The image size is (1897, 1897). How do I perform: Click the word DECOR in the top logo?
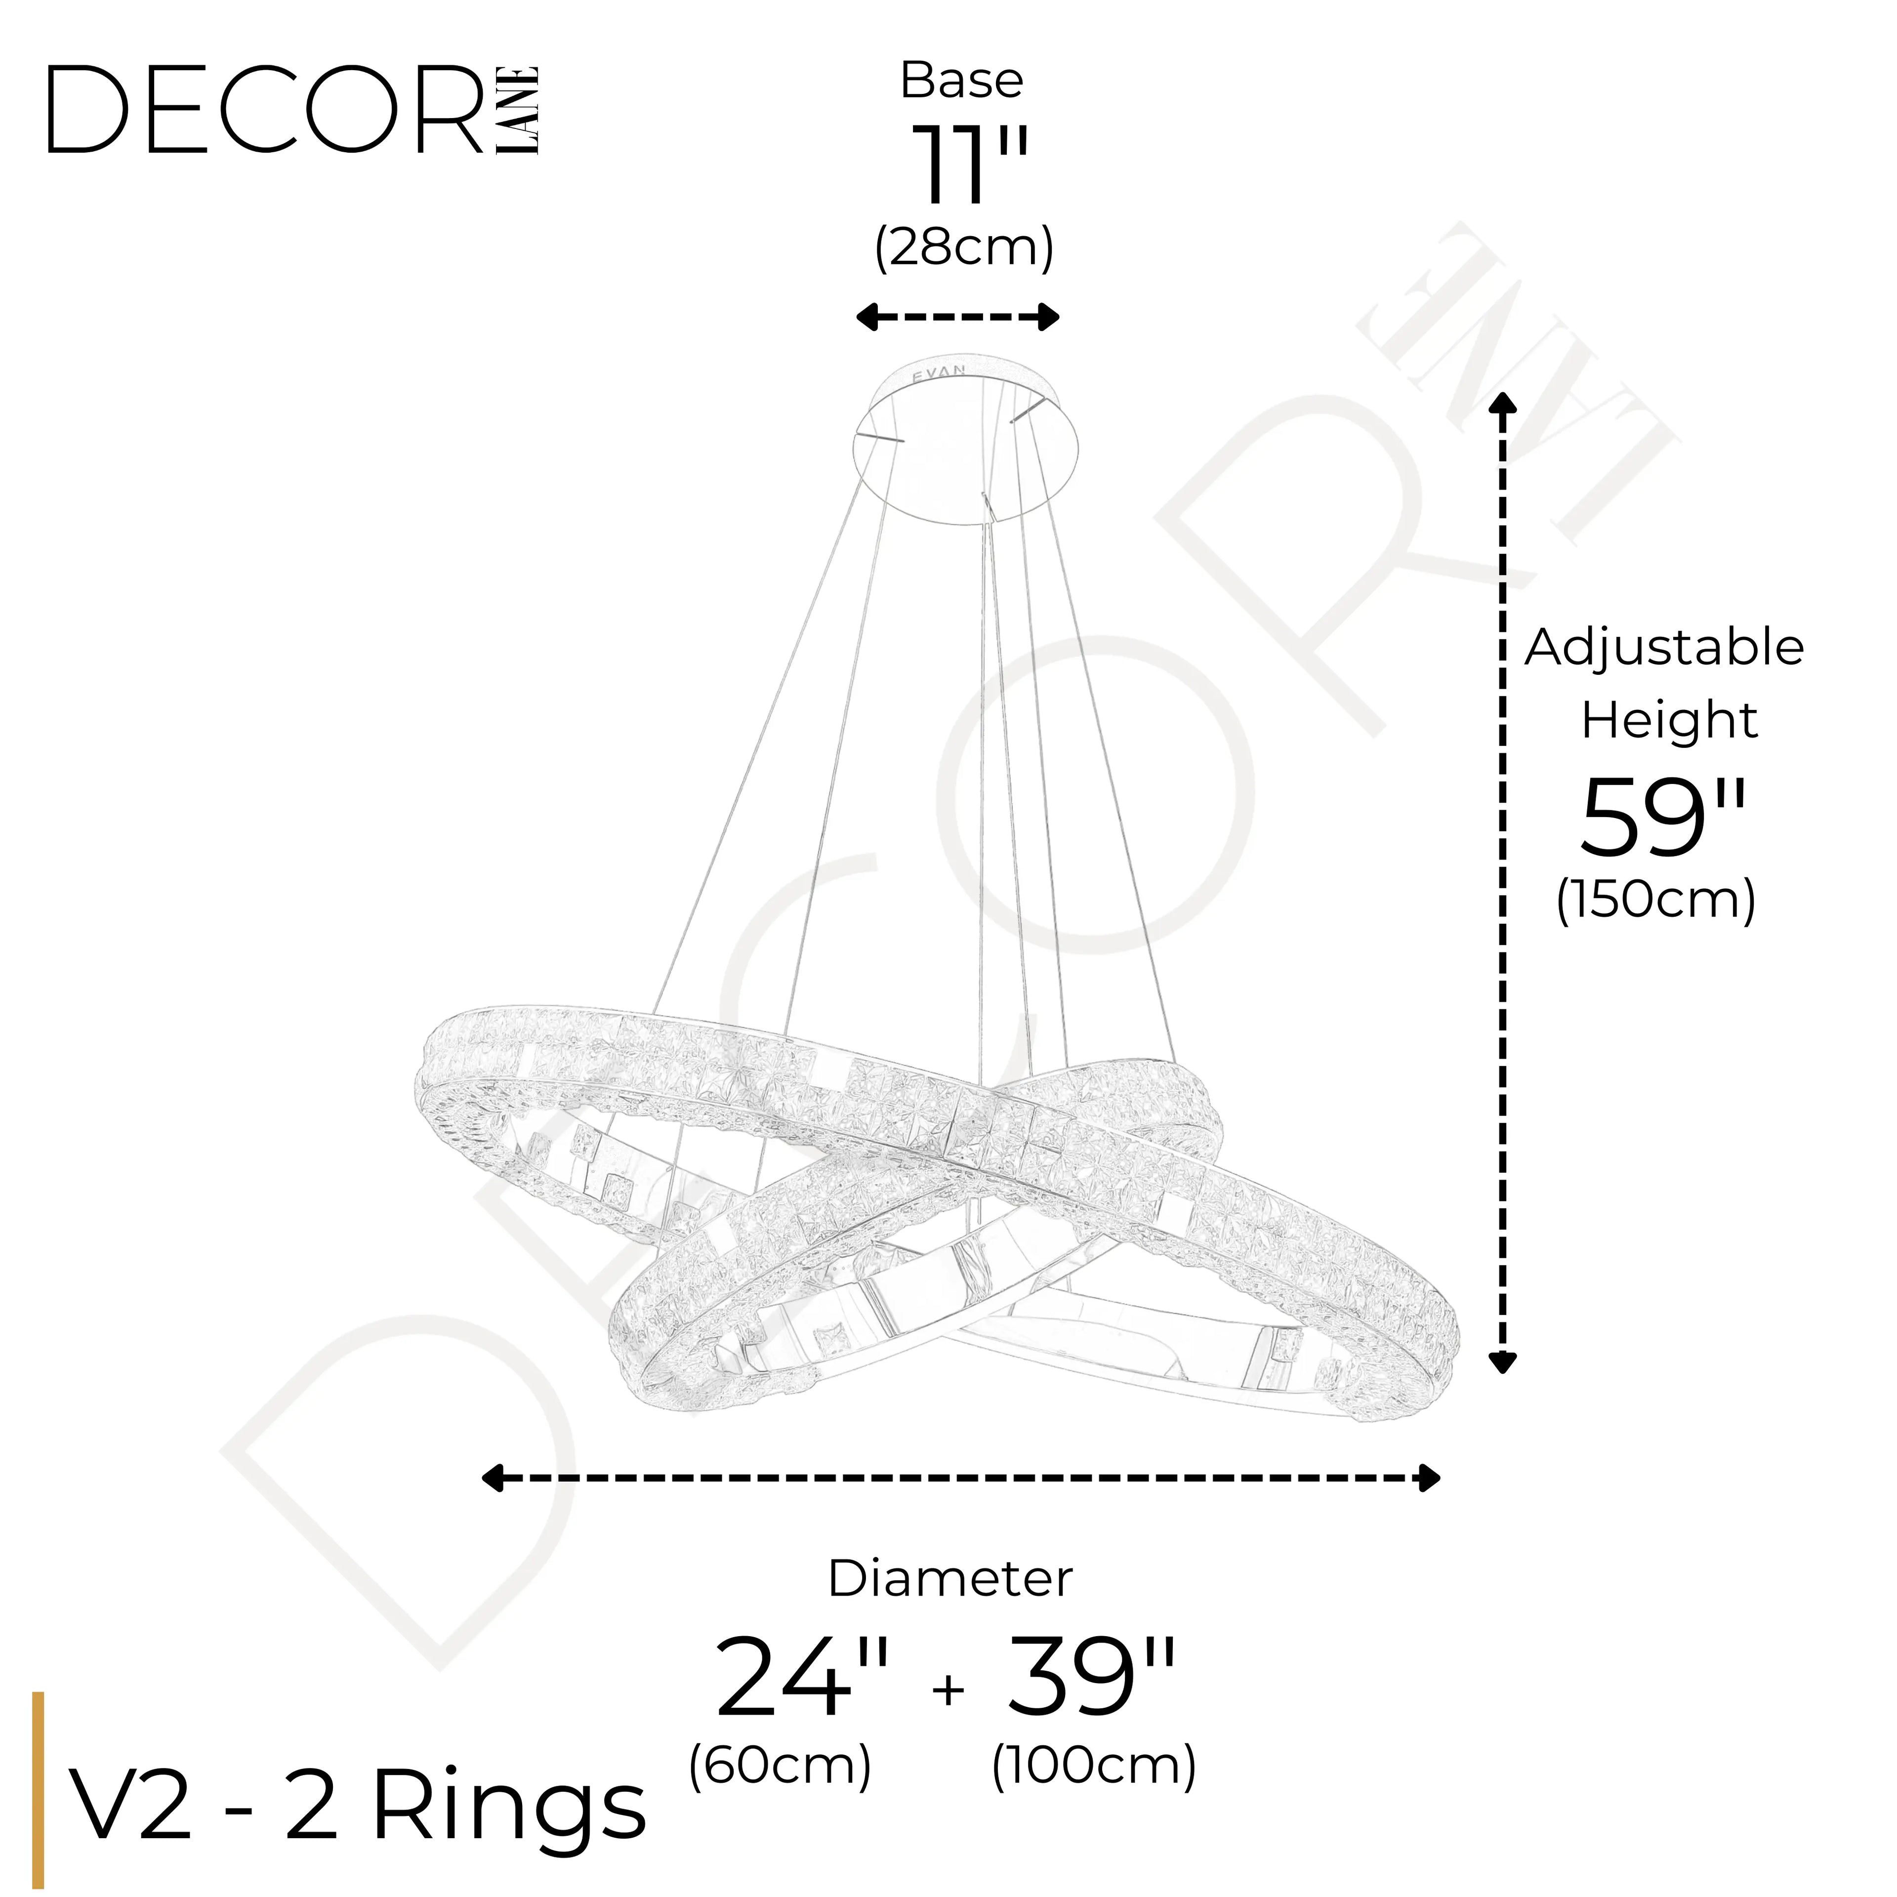click(x=265, y=110)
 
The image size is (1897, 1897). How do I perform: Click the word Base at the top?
click(x=961, y=81)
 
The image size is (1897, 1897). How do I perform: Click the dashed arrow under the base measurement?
click(x=957, y=317)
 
